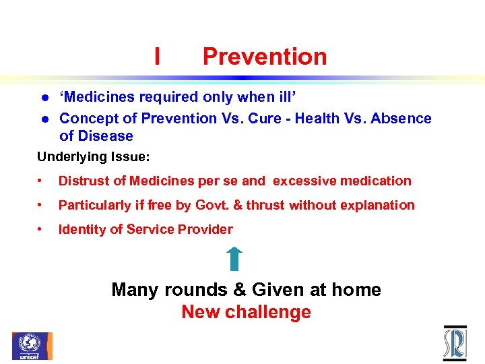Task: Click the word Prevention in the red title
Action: click(x=265, y=57)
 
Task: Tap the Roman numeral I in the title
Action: click(x=157, y=57)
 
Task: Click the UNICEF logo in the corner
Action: click(x=32, y=346)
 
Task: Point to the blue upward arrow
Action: click(x=234, y=259)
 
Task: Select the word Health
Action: click(x=321, y=119)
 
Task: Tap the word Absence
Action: click(x=403, y=119)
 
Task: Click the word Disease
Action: click(x=105, y=136)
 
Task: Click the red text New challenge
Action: click(x=246, y=312)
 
